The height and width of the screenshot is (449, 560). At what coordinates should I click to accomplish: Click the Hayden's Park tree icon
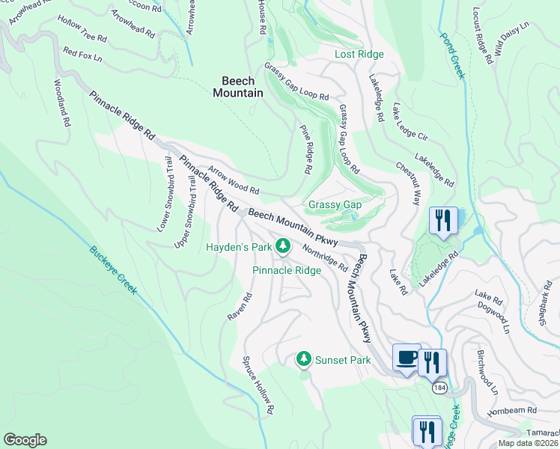click(283, 245)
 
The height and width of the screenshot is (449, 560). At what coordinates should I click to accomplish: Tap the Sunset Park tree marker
click(304, 360)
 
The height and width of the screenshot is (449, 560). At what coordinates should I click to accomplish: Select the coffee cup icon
click(407, 358)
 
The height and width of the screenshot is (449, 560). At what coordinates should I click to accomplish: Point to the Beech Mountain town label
click(238, 87)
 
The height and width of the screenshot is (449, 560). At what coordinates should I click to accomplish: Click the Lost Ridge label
click(359, 54)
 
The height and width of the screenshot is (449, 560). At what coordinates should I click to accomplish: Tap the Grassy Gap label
click(335, 204)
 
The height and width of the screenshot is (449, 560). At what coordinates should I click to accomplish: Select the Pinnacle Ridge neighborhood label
click(286, 270)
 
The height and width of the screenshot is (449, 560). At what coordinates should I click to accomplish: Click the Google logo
click(25, 440)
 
